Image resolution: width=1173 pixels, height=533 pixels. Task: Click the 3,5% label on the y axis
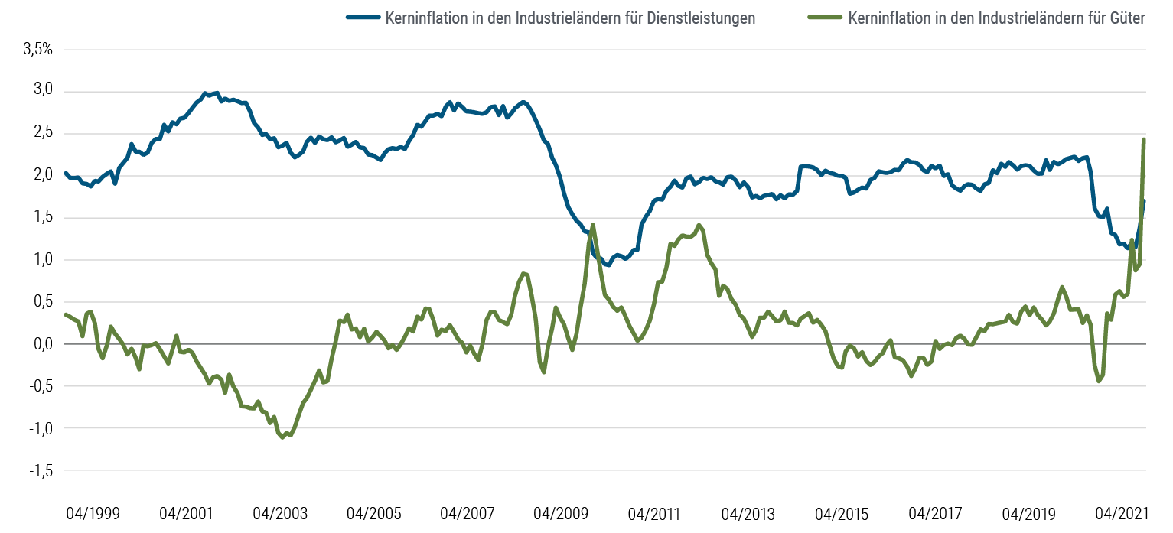click(x=38, y=50)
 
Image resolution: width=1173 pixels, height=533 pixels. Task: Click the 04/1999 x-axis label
click(x=93, y=512)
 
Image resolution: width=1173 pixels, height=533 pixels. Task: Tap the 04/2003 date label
click(x=279, y=512)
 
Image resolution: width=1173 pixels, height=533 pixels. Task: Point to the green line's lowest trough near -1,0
click(x=283, y=437)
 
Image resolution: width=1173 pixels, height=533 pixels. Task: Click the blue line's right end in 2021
click(x=1145, y=200)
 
